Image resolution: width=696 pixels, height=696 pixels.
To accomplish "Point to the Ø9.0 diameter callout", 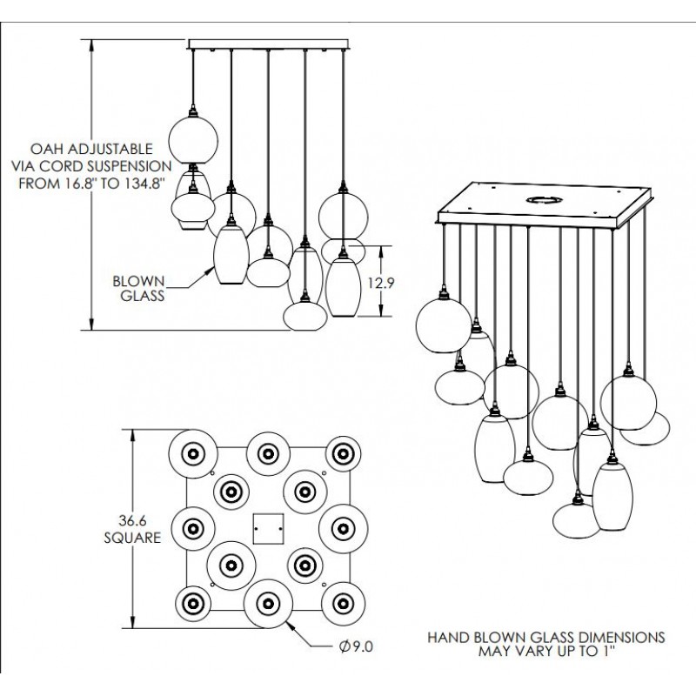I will [x=357, y=646].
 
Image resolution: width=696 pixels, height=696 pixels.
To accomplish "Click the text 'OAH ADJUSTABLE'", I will [x=83, y=149].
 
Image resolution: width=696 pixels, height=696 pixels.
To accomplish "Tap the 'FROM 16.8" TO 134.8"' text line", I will [x=84, y=180].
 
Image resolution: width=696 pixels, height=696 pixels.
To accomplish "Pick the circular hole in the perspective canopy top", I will [x=542, y=200].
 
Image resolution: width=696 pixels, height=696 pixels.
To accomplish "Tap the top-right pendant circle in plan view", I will [x=342, y=452].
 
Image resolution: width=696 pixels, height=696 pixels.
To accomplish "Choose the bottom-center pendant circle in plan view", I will [x=265, y=602].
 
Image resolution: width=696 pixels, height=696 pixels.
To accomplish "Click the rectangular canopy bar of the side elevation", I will [x=268, y=43].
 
